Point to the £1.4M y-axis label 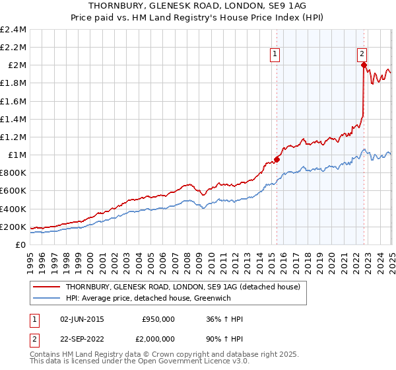point(13,120)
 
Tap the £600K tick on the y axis point(13,191)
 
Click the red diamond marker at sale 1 point(277,159)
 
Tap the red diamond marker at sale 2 point(364,65)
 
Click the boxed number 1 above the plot point(274,55)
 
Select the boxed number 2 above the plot point(362,55)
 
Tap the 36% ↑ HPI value point(224,318)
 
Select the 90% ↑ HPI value point(224,340)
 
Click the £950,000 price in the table point(158,318)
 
